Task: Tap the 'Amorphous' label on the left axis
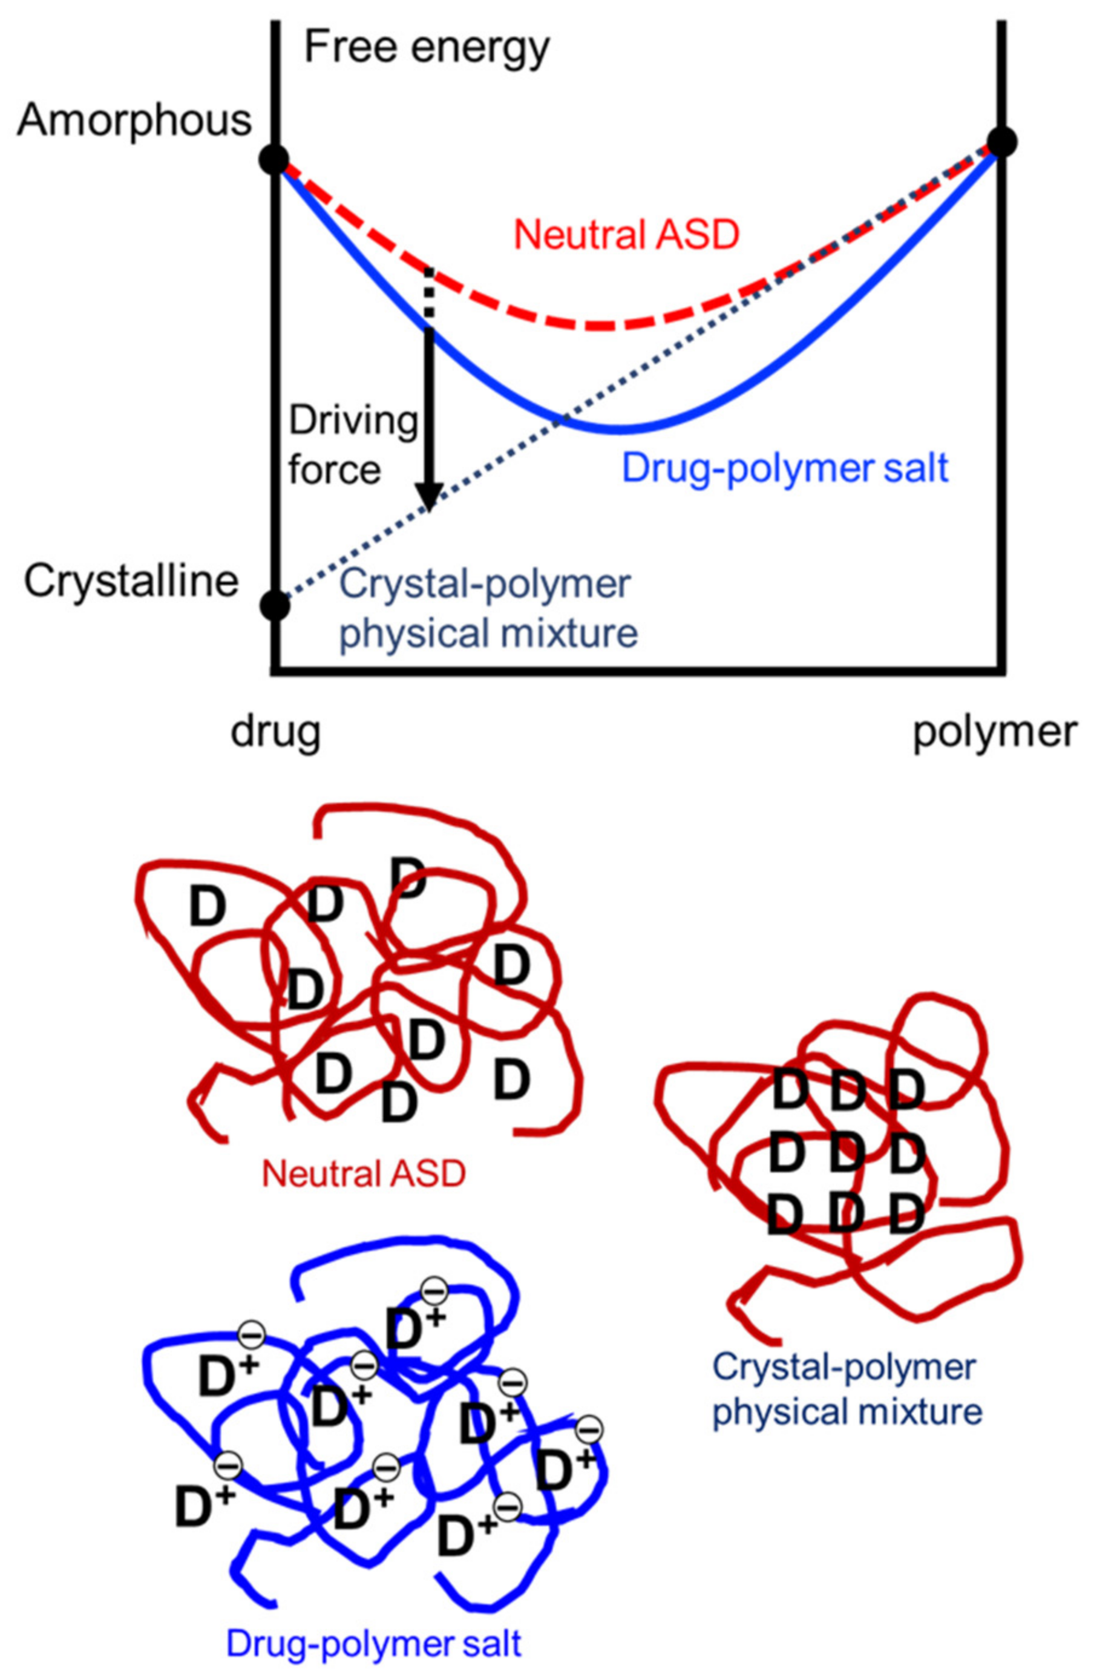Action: coord(134,120)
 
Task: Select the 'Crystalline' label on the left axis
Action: coord(131,582)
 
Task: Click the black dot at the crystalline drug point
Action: coord(275,605)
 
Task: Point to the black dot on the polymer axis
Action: coord(1001,142)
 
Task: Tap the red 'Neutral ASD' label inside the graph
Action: coord(626,235)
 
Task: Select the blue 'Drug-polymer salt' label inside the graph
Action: coord(785,468)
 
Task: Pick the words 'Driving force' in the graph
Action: coord(353,445)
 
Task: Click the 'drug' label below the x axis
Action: coord(275,732)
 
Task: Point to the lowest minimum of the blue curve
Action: coord(619,430)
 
